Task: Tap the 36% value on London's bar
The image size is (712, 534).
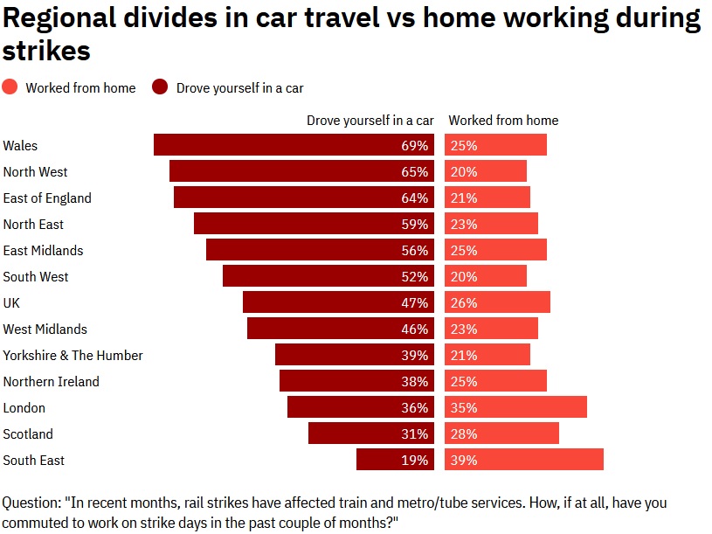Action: (x=415, y=407)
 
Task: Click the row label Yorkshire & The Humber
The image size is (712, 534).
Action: (x=73, y=355)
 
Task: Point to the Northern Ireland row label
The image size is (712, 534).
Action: (x=52, y=381)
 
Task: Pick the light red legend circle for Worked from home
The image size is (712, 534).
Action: (x=10, y=87)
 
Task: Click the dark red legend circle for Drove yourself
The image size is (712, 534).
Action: (x=160, y=87)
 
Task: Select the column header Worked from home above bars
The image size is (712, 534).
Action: (x=503, y=121)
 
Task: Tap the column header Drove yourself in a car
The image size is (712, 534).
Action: (x=370, y=121)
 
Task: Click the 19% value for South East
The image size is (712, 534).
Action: (x=415, y=460)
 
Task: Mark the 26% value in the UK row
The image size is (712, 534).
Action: (x=464, y=302)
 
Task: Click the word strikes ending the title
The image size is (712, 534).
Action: (x=46, y=51)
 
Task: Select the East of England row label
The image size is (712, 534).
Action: (x=47, y=198)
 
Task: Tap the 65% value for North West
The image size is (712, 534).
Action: (x=415, y=171)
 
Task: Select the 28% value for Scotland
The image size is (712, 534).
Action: (x=464, y=433)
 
